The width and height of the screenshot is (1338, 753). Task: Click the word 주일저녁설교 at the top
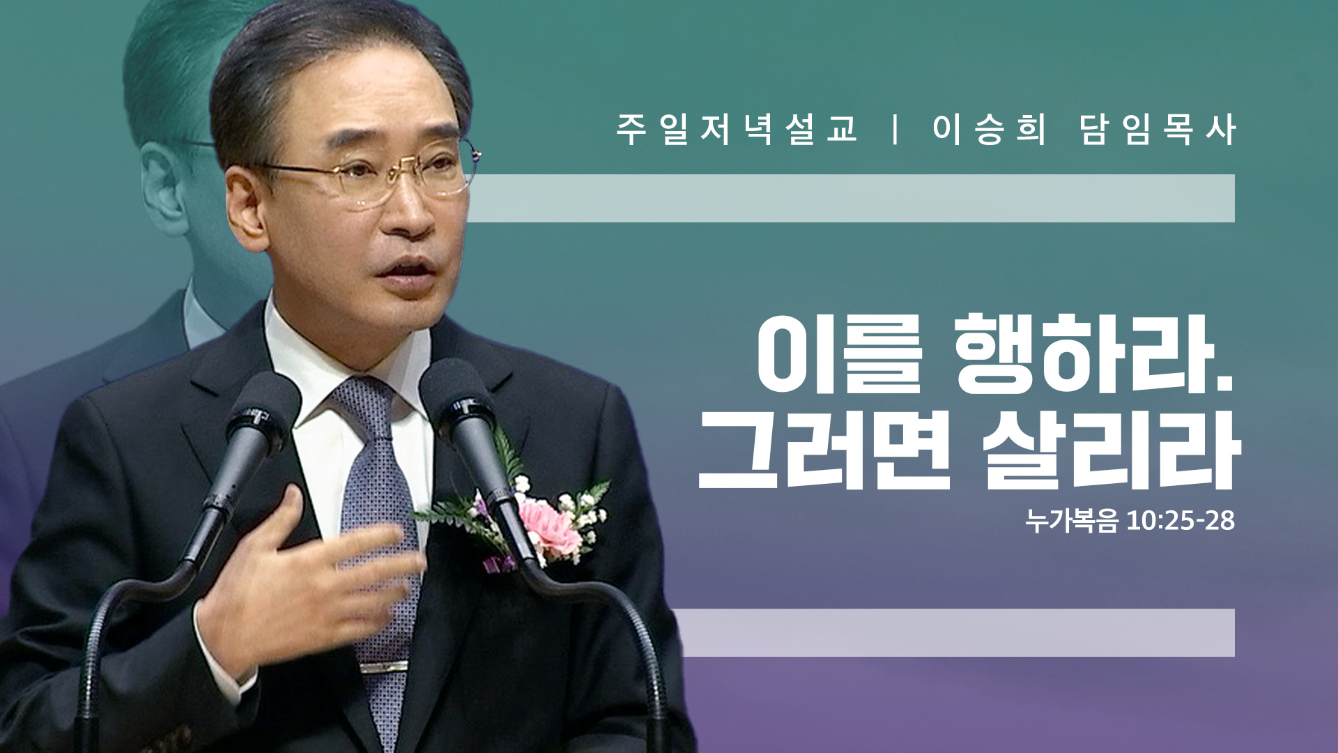pos(737,130)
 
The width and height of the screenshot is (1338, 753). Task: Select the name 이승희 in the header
pos(989,130)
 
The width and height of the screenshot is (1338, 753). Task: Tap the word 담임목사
pos(1158,130)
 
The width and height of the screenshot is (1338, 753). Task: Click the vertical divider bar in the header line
pos(895,130)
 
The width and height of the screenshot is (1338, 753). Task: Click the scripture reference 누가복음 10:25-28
pos(1130,521)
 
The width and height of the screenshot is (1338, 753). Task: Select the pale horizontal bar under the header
pos(851,198)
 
